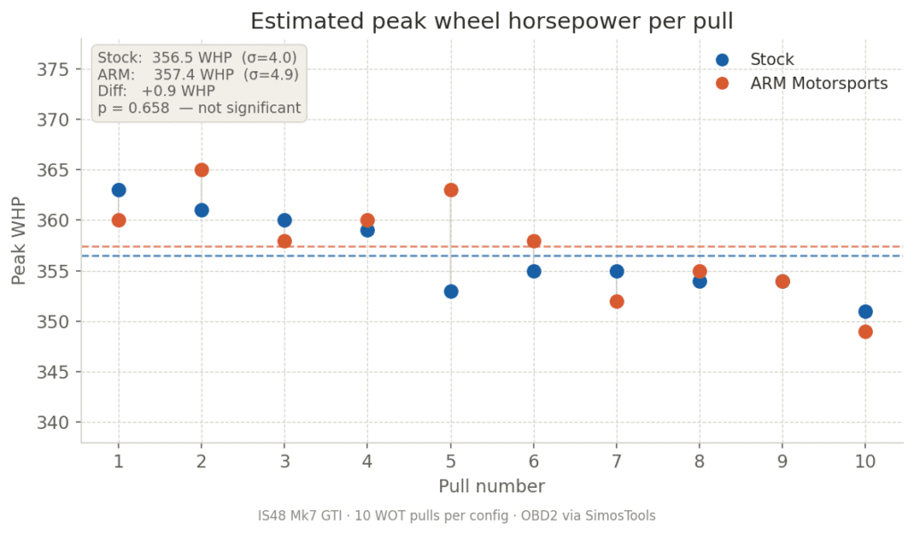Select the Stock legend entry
tap(771, 60)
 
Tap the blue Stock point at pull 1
tap(119, 190)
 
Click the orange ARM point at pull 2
tap(202, 170)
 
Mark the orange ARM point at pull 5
tap(451, 190)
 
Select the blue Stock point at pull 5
tap(451, 292)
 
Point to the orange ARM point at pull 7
tap(617, 301)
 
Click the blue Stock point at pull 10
tap(865, 311)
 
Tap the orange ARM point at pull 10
tap(865, 332)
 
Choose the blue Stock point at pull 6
tap(534, 271)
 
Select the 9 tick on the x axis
tap(782, 461)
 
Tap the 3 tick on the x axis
tap(285, 461)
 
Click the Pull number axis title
tap(491, 486)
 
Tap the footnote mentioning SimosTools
tap(456, 515)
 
